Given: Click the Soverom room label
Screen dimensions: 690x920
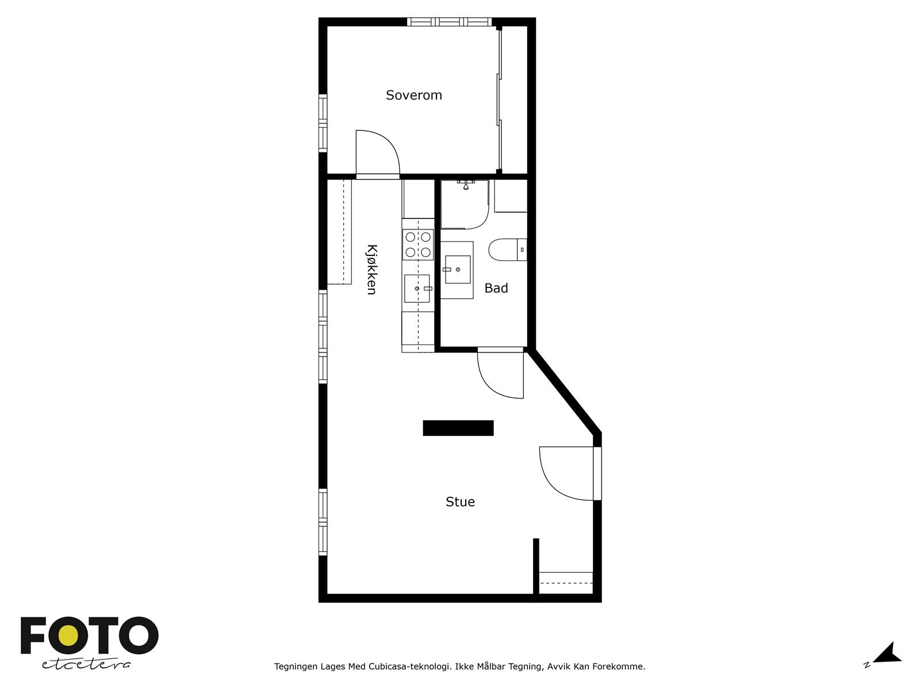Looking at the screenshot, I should coord(413,95).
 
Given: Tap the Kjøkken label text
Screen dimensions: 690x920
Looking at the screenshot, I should coord(371,270).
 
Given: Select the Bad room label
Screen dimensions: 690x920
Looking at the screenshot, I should coord(496,288).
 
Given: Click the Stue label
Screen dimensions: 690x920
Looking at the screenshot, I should coord(460,502).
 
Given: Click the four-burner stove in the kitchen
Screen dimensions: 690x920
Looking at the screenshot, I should coord(418,244).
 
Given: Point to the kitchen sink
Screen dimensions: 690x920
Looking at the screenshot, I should coord(417,288).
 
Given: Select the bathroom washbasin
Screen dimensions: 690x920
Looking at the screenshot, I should coord(457,269).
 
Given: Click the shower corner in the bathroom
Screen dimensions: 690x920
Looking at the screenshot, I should coord(464,204).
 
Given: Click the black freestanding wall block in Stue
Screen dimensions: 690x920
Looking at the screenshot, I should coord(458,428).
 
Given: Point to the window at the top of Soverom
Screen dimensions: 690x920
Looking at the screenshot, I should coord(450,22).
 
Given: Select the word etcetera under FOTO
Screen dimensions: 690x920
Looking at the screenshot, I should coord(86,664).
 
